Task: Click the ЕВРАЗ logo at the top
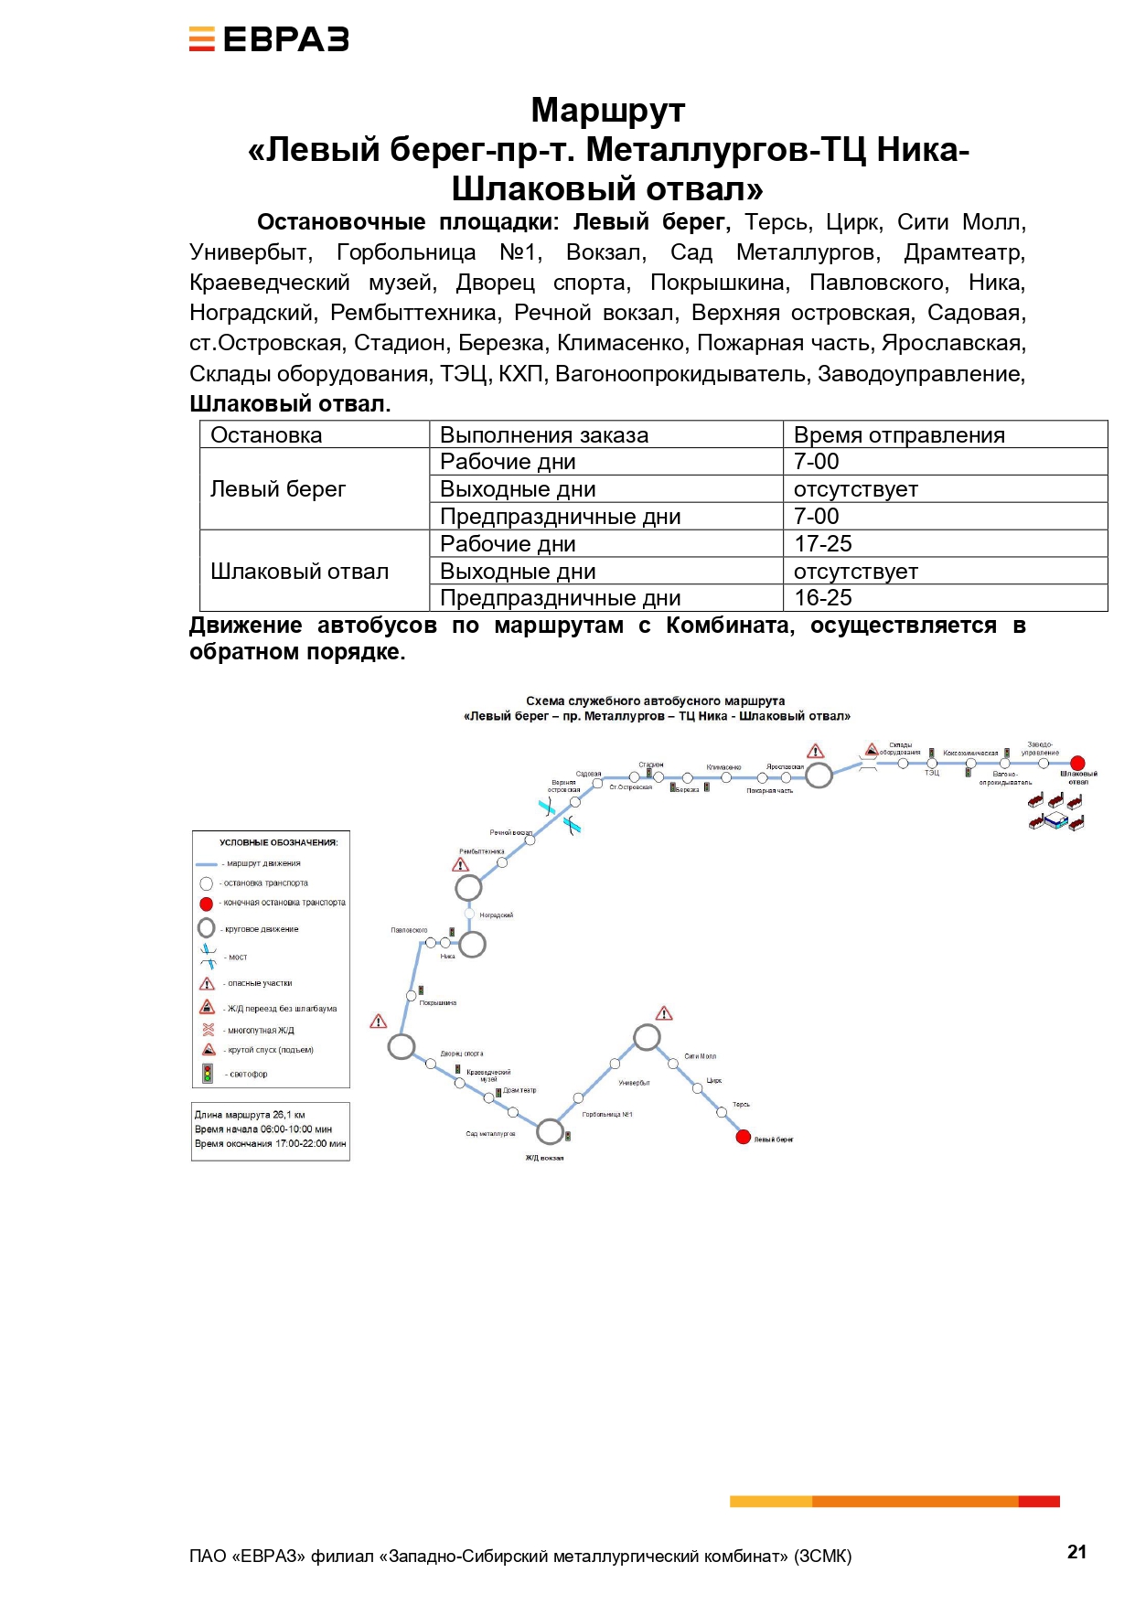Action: click(269, 39)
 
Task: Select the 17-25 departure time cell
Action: click(823, 543)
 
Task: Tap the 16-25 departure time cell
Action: click(823, 597)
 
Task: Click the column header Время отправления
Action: click(899, 434)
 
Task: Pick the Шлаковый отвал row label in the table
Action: click(300, 571)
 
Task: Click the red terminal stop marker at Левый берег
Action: click(743, 1137)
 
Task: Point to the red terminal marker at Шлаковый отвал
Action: click(1077, 763)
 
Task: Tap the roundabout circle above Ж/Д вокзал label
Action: click(550, 1131)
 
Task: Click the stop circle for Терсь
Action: click(722, 1112)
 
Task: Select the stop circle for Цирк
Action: click(698, 1088)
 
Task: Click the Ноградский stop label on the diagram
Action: click(496, 915)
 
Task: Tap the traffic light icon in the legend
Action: click(208, 1073)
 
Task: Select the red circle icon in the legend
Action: click(207, 904)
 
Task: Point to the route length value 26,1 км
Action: click(289, 1115)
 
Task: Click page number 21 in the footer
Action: click(1076, 1551)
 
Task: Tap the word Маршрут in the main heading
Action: click(607, 110)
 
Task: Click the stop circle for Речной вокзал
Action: click(530, 840)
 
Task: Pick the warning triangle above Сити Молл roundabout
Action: click(665, 1013)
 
